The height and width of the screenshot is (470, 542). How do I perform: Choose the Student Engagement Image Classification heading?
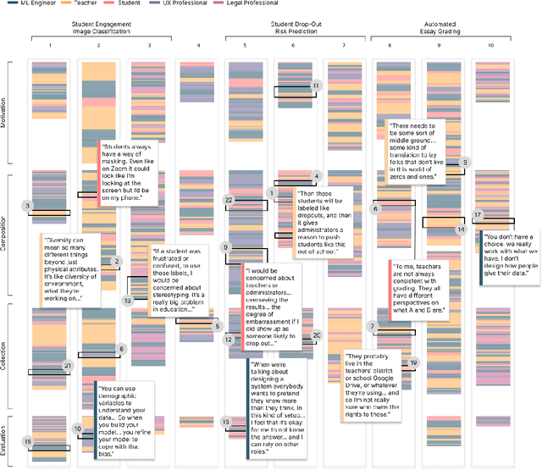click(101, 24)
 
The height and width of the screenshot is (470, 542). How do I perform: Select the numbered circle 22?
click(228, 200)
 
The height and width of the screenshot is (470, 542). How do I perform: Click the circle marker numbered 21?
click(69, 365)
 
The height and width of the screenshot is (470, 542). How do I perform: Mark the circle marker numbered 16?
click(27, 441)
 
